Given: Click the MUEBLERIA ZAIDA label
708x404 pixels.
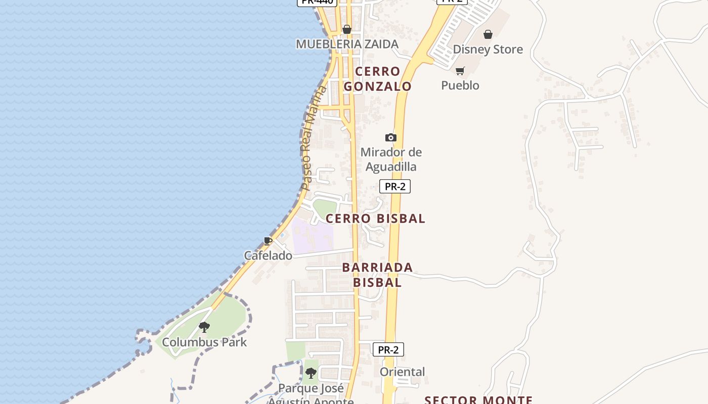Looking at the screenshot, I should [347, 44].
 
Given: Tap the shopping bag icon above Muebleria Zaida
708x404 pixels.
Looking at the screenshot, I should [347, 29].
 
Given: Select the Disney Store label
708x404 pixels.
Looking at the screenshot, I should [488, 49].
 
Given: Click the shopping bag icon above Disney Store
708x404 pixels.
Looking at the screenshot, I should [488, 34].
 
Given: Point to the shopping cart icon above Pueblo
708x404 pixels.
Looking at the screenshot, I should [460, 71].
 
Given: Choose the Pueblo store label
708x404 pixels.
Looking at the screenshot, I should [460, 85].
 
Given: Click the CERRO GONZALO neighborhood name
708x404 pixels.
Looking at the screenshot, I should [377, 79].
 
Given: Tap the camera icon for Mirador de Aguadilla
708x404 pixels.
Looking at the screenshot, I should [390, 137].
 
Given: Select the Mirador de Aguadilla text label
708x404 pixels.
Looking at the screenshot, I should [391, 159].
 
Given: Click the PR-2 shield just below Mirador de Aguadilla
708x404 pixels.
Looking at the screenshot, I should [394, 186].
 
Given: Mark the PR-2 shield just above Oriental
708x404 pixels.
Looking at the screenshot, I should [388, 349].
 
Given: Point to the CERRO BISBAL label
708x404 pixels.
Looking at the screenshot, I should [375, 219].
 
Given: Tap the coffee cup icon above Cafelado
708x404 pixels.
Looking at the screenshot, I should [268, 241].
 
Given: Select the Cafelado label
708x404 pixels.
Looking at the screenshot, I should [268, 256].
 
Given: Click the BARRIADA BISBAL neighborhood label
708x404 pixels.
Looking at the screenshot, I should [377, 275].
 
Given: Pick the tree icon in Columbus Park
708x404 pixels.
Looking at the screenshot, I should [204, 327].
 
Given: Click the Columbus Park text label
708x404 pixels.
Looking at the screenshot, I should [204, 342].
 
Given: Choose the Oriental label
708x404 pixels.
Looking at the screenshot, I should [403, 372].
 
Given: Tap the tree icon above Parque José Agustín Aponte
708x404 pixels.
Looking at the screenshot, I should [311, 373].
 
